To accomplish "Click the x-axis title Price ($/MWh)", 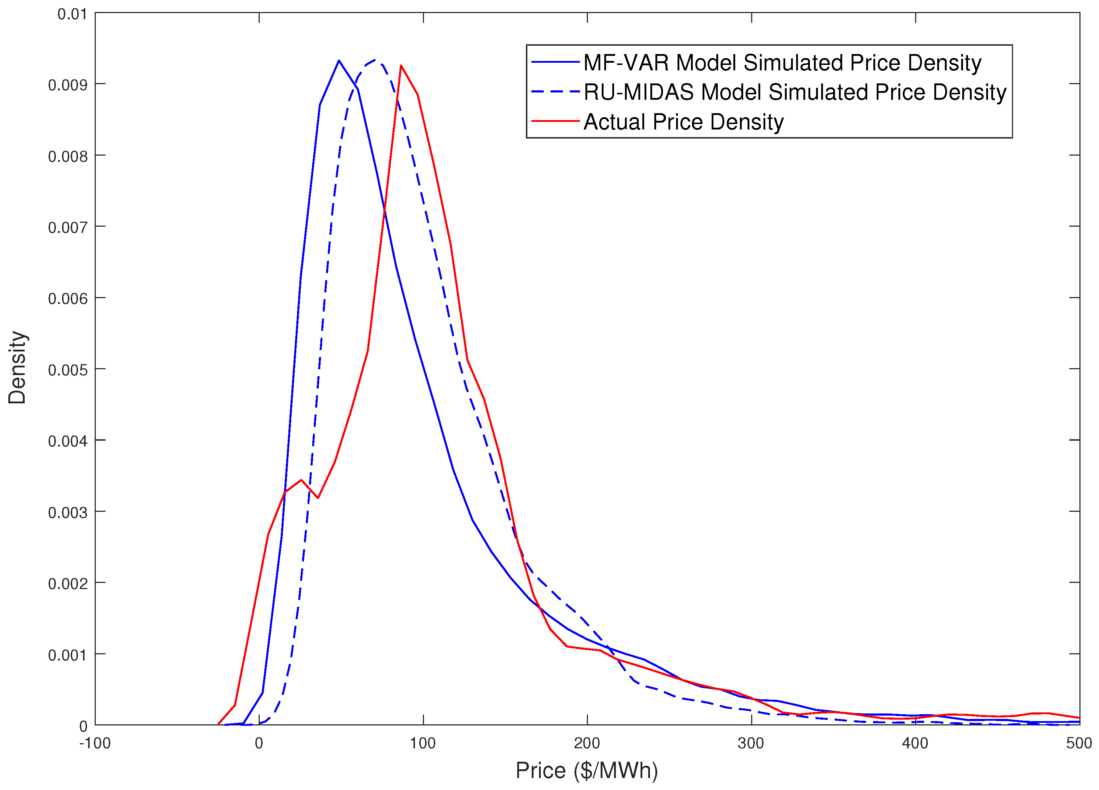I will point(586,770).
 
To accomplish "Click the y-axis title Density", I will point(17,367).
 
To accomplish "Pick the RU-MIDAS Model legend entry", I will point(795,92).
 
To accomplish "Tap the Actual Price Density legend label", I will point(683,122).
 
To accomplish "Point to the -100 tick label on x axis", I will point(95,743).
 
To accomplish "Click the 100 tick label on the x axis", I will point(423,743).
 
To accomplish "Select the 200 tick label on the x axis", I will point(587,743).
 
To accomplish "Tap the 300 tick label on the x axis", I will point(750,743).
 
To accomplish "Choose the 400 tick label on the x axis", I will point(915,743).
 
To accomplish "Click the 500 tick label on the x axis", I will point(1079,743).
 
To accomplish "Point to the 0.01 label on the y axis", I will point(72,14).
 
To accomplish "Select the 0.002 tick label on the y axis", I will point(67,584).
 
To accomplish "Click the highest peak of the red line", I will point(401,65).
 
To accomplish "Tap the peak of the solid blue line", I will point(339,61).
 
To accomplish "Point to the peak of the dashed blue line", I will point(375,59).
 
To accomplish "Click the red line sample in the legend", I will point(555,121).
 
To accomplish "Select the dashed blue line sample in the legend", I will point(555,92).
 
